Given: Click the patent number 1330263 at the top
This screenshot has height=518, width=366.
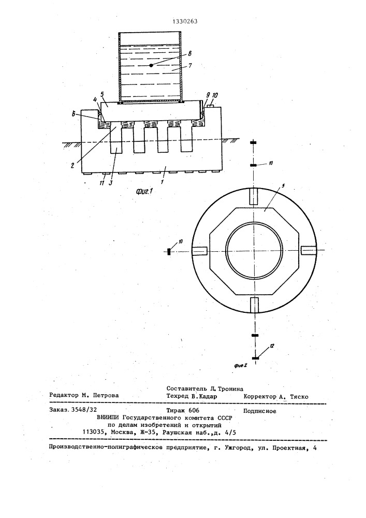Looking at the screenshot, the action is tap(185, 21).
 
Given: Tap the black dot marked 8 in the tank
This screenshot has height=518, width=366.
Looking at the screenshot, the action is tap(151, 65).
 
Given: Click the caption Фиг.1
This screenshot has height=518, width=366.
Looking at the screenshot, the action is tap(144, 191).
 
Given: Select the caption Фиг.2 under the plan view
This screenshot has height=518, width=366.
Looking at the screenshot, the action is tap(241, 365).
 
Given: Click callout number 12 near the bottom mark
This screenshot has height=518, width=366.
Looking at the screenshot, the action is tap(272, 346).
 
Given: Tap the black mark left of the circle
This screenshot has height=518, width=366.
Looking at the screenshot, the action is tap(168, 252).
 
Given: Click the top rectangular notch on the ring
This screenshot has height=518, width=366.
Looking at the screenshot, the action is tap(253, 196).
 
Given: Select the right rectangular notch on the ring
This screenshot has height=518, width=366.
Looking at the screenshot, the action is tap(308, 251).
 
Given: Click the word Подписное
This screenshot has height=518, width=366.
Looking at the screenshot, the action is tap(260, 411).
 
